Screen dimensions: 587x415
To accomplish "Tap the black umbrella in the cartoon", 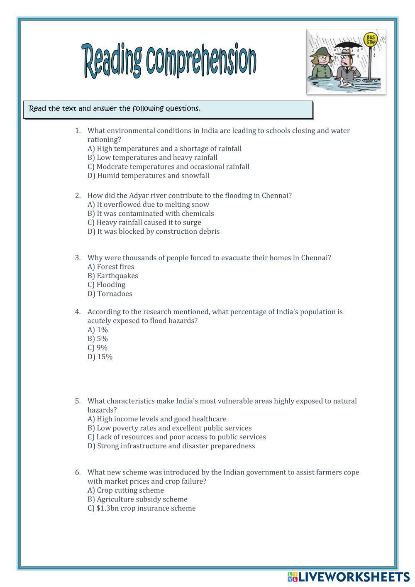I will [x=346, y=46].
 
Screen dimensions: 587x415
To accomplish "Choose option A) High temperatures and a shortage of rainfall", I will [x=164, y=149].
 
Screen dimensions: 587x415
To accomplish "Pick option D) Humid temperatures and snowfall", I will [x=148, y=176].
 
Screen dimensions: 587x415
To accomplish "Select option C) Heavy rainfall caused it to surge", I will [x=144, y=223].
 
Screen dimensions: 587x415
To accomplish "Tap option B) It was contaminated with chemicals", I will [x=151, y=213].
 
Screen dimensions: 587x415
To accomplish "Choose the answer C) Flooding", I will [x=106, y=285].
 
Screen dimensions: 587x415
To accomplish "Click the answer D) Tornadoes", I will [x=110, y=294].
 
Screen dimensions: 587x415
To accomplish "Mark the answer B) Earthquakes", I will [x=112, y=276].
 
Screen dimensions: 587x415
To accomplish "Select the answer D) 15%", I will [x=100, y=357].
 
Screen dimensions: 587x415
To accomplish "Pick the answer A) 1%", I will [x=98, y=330].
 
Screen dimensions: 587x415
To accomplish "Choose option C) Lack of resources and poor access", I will [x=176, y=437].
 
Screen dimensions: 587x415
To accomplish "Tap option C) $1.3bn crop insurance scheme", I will [x=142, y=509].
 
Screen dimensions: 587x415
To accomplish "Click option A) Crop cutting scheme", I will [x=125, y=490].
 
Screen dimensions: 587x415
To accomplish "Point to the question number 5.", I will [x=78, y=401].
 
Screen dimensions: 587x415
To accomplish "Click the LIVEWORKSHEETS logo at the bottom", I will [x=349, y=577].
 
